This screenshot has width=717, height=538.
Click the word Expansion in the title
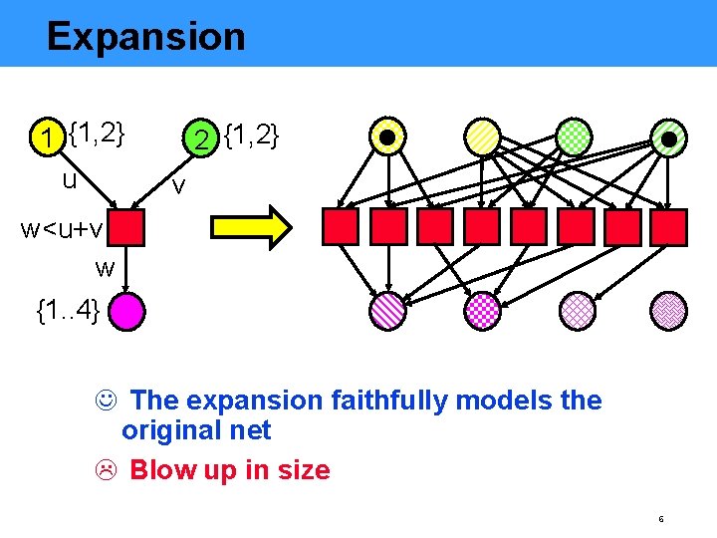click(145, 37)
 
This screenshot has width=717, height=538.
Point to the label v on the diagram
click(177, 185)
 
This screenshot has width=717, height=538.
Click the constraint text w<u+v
click(62, 230)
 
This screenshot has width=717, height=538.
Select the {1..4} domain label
click(68, 311)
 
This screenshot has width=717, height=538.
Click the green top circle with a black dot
click(669, 137)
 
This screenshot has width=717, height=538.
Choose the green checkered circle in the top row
click(575, 136)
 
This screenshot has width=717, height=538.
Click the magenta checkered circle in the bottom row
click(481, 311)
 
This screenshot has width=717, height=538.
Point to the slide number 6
click(660, 519)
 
